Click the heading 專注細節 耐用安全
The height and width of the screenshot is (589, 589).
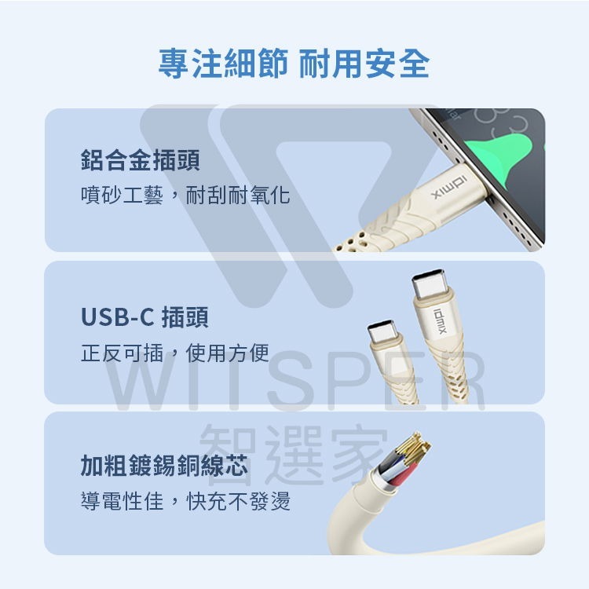click(x=294, y=64)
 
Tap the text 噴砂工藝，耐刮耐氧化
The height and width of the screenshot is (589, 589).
click(x=185, y=195)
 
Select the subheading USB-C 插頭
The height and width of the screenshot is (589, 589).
click(x=145, y=318)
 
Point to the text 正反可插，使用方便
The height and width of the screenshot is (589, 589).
click(x=175, y=353)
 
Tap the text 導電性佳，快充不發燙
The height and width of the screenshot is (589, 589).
click(x=185, y=500)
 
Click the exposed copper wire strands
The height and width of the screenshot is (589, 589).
click(x=413, y=448)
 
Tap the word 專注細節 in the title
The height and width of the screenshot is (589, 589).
click(x=223, y=64)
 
